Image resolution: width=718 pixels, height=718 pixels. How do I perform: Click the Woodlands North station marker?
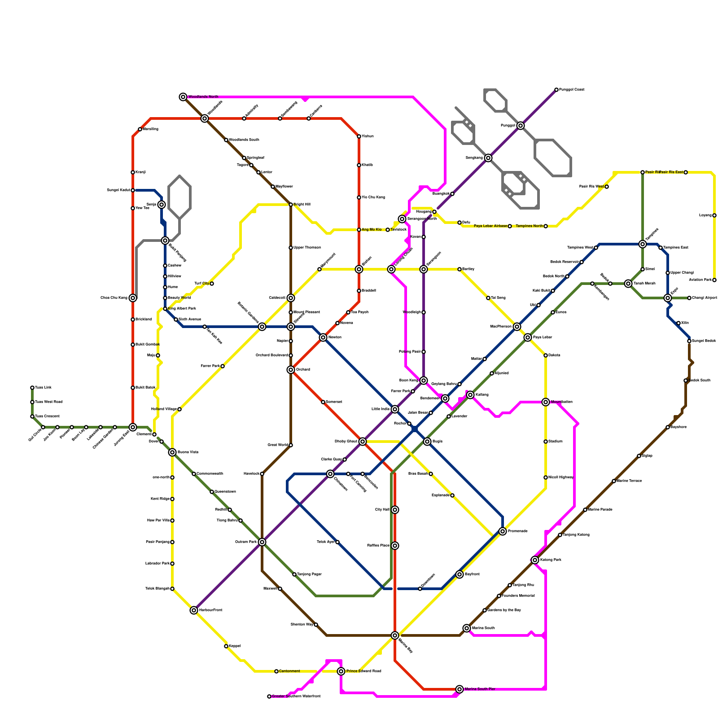[183, 97]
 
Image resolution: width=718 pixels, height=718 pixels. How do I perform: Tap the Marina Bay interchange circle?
[395, 635]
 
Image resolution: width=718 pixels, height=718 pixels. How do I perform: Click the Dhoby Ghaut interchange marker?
[363, 442]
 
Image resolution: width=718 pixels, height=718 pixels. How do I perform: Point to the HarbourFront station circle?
[194, 610]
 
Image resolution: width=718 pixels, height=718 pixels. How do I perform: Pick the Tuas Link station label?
[43, 388]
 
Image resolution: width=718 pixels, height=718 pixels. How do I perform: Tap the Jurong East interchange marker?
[133, 427]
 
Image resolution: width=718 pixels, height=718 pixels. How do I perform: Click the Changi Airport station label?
[705, 298]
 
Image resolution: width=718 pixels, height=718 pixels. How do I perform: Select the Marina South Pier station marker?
[460, 689]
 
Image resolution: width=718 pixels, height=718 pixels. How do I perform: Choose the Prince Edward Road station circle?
[341, 671]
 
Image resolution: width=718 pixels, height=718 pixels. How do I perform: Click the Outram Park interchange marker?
[262, 542]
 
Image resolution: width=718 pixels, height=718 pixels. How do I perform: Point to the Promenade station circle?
[503, 531]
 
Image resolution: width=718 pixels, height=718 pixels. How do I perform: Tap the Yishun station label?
[368, 136]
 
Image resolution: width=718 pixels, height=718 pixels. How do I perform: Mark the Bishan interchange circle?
[359, 269]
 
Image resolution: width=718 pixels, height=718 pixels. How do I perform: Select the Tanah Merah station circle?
[628, 284]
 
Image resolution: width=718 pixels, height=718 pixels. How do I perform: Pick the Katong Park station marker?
[535, 560]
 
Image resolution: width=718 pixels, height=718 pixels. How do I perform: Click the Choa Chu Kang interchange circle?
[133, 298]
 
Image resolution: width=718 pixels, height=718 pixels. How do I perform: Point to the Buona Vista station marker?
[172, 452]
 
